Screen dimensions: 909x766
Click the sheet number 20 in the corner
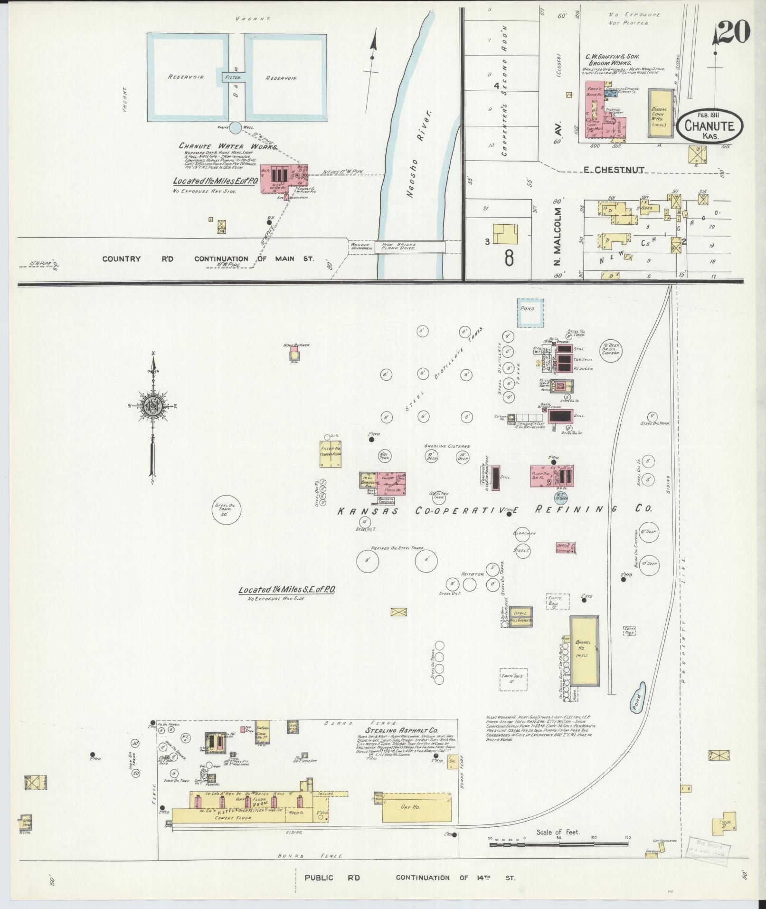point(732,32)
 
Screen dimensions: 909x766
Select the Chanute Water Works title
point(228,146)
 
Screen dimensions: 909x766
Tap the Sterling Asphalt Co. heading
point(401,744)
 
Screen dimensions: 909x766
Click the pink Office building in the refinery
point(566,547)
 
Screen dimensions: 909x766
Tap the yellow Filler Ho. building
point(331,453)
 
